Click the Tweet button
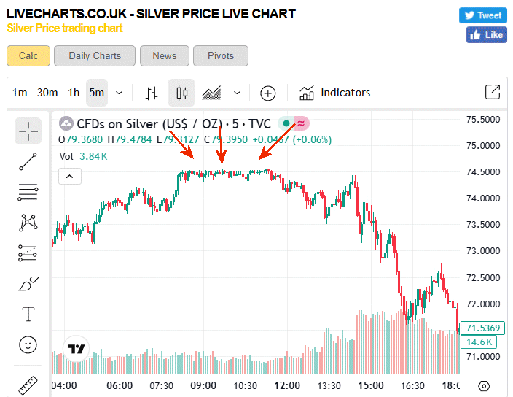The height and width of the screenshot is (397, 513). click(482, 15)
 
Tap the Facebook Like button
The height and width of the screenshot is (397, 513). click(486, 34)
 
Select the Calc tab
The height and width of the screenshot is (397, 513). click(28, 55)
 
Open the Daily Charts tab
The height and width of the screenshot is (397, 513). click(95, 55)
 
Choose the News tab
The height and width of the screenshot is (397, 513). click(164, 55)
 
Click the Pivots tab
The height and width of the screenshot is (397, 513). click(221, 55)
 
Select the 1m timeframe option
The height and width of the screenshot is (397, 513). click(20, 93)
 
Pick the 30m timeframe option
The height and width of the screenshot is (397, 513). click(47, 93)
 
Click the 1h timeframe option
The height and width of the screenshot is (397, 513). click(74, 93)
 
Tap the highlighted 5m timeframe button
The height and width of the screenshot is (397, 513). click(97, 93)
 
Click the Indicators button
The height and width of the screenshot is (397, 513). click(335, 93)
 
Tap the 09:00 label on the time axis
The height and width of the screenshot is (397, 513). click(203, 385)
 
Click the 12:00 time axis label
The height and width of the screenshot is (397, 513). click(288, 385)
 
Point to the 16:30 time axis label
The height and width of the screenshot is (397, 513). click(413, 385)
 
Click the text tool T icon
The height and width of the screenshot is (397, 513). click(28, 314)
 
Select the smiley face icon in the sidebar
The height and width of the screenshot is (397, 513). click(28, 344)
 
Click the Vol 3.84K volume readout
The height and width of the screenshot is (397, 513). click(83, 155)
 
